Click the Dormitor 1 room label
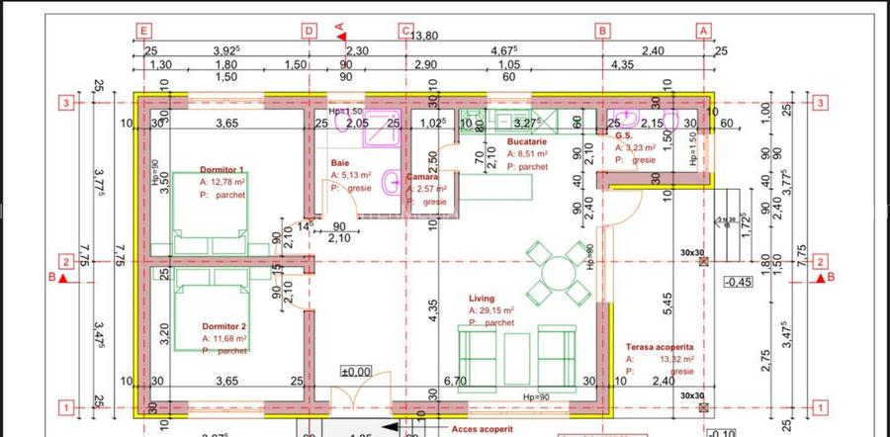pyautogui.click(x=222, y=170)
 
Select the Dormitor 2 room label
pyautogui.click(x=223, y=326)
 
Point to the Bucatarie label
pyautogui.click(x=527, y=141)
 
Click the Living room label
pyautogui.click(x=483, y=298)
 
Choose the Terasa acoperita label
pyautogui.click(x=659, y=347)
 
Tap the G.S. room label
pyautogui.click(x=623, y=136)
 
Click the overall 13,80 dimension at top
pyautogui.click(x=424, y=37)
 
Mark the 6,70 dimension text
pyautogui.click(x=456, y=381)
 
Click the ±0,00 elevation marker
pyautogui.click(x=355, y=372)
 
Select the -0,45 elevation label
pyautogui.click(x=738, y=282)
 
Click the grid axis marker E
pyautogui.click(x=144, y=32)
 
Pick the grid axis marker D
pyautogui.click(x=309, y=32)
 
